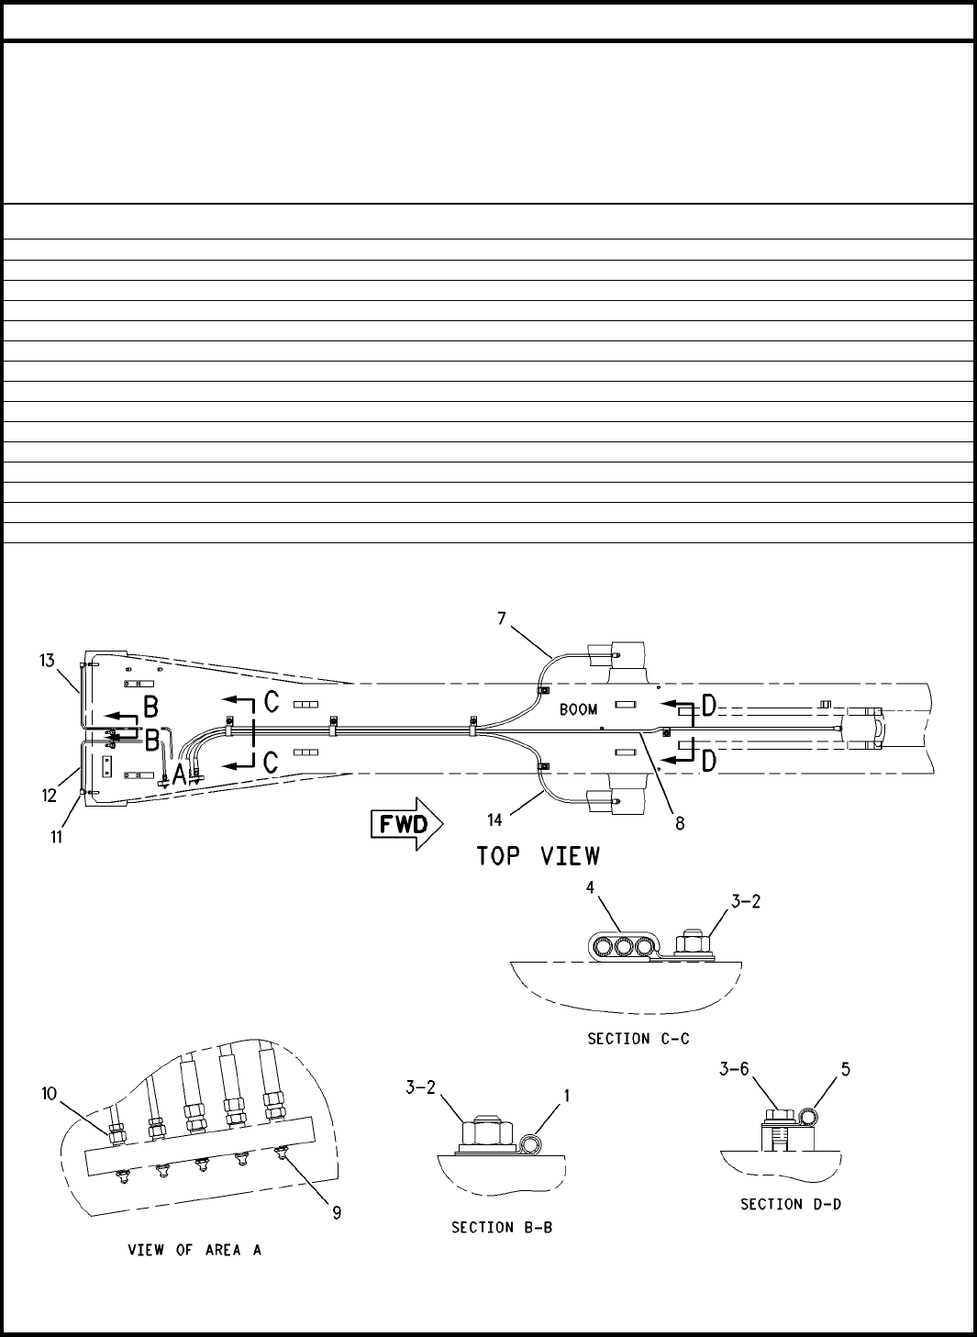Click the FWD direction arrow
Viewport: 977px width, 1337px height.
coord(405,823)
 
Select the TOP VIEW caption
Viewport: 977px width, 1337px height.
coord(538,856)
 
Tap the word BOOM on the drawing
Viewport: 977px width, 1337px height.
coord(578,709)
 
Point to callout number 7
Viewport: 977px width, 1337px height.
coord(502,618)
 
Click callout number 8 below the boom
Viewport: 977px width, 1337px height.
coord(680,823)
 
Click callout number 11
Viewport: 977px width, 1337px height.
coord(57,837)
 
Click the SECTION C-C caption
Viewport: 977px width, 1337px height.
coord(638,1039)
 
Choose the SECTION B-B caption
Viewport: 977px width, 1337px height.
coord(502,1227)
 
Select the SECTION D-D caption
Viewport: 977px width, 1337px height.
coord(791,1204)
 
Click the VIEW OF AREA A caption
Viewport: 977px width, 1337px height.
coord(194,1250)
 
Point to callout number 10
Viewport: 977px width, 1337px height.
coord(49,1093)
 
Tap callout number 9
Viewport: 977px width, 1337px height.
coord(337,1211)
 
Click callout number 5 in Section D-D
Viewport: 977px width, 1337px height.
coord(846,1068)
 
